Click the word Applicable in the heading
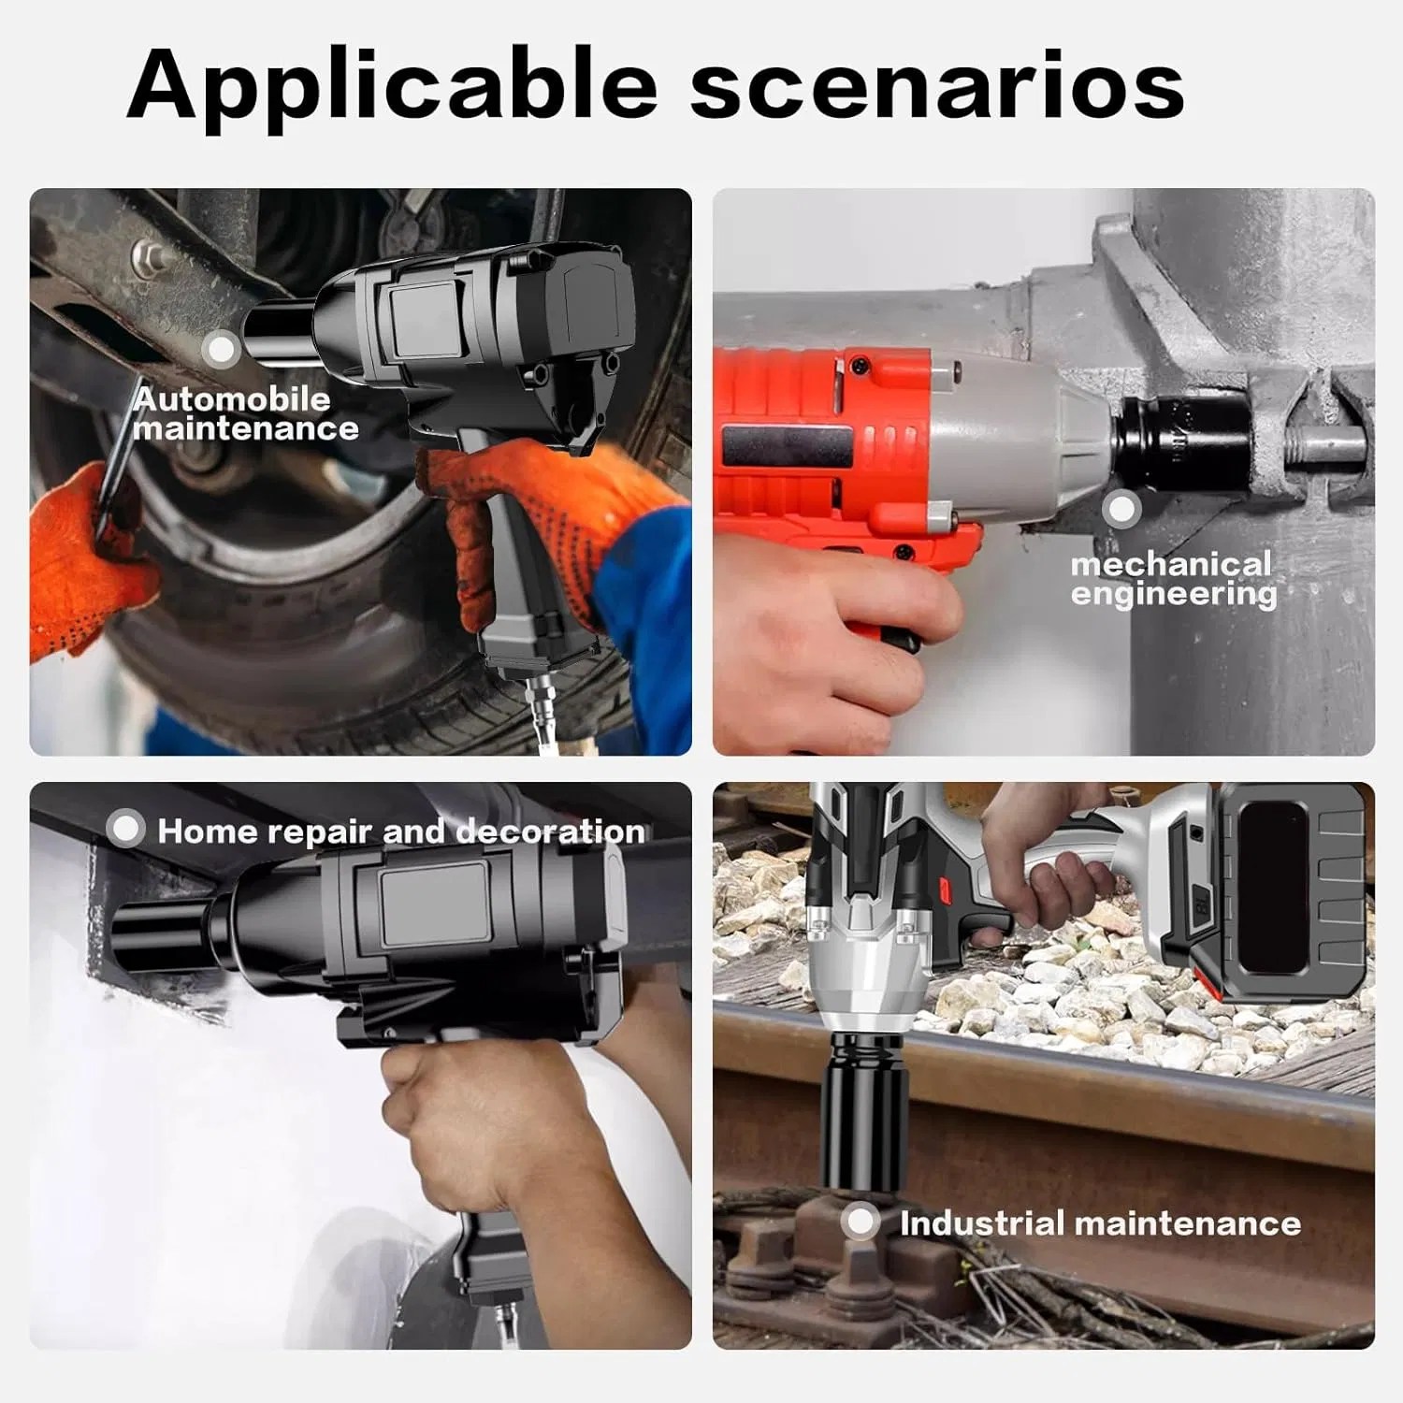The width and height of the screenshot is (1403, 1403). point(392,85)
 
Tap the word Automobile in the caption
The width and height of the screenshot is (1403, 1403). point(231,399)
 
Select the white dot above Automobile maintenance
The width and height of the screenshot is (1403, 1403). point(222,350)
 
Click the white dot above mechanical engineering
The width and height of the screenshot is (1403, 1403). point(1121,510)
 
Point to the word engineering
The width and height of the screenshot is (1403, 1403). point(1174,595)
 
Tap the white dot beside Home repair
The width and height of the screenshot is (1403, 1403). point(125,829)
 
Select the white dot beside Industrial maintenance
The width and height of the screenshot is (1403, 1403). point(861,1222)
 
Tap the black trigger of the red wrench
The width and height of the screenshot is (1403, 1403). point(900,640)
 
